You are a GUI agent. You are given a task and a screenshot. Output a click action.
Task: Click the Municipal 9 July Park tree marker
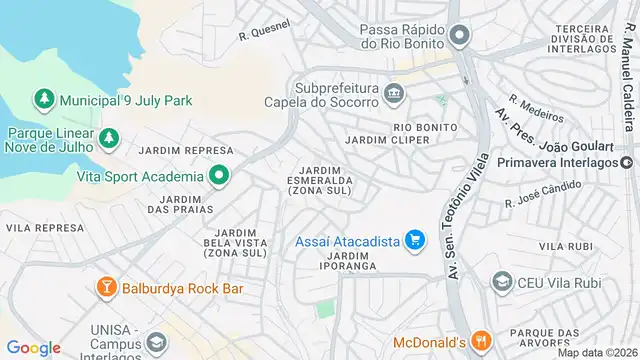44,100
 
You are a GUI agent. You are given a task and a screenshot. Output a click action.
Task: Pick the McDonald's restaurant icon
481,339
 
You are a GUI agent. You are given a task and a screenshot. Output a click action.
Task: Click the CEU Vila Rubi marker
501,283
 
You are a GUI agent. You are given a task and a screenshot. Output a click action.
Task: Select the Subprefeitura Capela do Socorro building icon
393,95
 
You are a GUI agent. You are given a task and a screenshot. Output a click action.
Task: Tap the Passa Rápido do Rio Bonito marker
459,37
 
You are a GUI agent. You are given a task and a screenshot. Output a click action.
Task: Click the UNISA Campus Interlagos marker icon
156,345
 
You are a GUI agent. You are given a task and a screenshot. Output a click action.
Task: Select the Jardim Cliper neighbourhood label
387,140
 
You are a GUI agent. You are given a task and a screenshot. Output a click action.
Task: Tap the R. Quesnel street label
265,31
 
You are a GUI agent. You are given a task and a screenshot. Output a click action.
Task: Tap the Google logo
33,347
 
